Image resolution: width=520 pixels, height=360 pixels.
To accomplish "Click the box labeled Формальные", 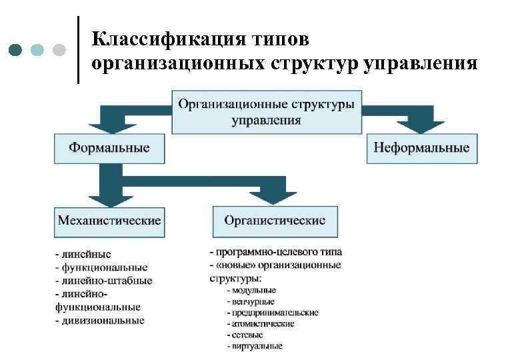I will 109,147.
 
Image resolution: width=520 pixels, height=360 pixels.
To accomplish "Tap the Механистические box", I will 109,221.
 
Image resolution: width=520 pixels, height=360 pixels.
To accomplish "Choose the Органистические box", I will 275,221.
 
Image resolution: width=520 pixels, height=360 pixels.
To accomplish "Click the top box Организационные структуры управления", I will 266,112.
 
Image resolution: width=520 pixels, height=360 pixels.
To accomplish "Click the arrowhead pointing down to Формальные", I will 109,125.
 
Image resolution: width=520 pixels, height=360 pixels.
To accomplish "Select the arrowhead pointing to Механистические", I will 109,196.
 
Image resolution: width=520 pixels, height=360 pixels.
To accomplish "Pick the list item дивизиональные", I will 99,321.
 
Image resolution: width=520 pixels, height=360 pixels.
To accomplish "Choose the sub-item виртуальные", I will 255,346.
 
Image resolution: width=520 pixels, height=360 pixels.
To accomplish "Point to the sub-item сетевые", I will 245,335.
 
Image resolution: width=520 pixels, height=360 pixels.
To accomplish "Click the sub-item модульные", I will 251,290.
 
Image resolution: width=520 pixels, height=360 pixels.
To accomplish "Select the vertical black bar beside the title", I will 78,50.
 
